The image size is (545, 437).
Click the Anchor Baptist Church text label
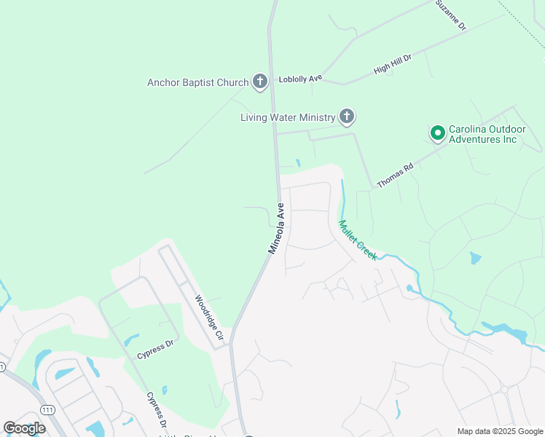197,82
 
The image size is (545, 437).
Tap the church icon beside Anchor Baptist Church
260,82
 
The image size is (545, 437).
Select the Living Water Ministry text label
288,117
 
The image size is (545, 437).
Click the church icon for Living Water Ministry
347,117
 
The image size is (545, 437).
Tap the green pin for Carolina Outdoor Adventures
437,133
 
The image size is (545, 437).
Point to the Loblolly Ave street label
299,79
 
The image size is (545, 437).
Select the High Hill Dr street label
393,63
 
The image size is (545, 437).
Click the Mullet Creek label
357,240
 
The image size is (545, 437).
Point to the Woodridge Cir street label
208,318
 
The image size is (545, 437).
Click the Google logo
24,428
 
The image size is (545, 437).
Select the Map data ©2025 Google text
500,431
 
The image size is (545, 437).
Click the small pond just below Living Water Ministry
297,162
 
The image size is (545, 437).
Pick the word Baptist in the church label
199,82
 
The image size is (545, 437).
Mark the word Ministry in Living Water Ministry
317,117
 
